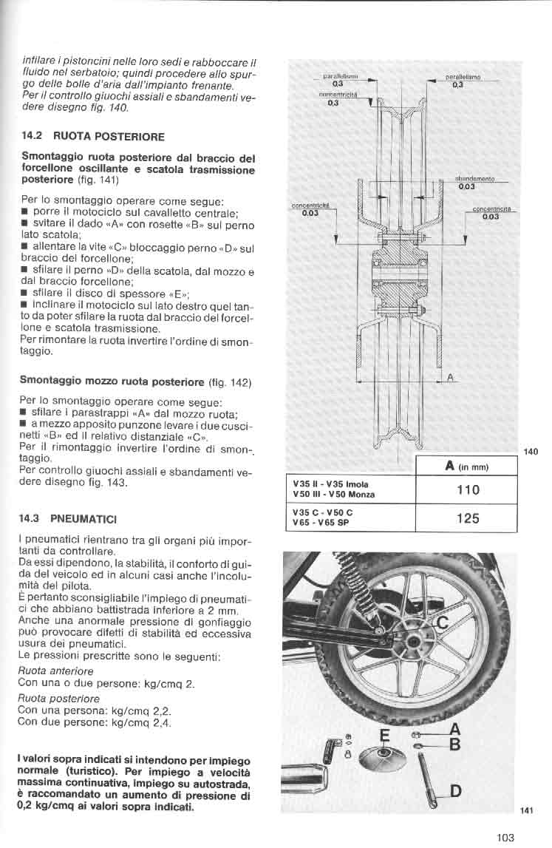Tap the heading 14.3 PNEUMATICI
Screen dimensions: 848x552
point(68,518)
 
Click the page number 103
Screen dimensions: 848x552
point(505,837)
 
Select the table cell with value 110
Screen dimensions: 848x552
point(468,489)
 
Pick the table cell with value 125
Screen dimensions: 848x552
point(468,518)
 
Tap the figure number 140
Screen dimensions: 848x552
point(530,452)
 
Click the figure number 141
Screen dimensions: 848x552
point(526,810)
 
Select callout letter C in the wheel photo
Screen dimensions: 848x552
point(443,623)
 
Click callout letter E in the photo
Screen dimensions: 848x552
point(384,736)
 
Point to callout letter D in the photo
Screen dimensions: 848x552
point(456,791)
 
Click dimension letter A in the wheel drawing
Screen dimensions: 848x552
point(449,377)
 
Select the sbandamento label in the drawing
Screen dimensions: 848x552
point(474,179)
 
